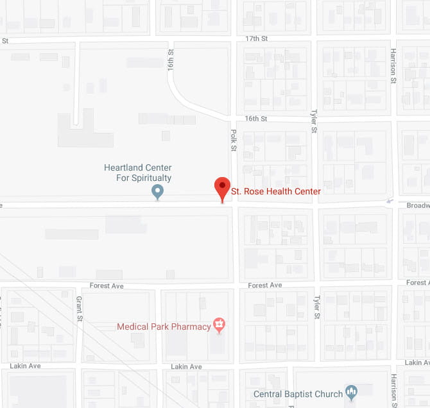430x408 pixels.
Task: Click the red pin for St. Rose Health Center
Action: click(222, 188)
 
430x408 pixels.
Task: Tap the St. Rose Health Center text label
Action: click(275, 191)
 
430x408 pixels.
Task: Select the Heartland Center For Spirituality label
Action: click(138, 173)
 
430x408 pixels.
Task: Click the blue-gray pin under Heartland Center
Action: click(157, 191)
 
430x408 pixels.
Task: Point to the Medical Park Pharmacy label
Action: click(164, 327)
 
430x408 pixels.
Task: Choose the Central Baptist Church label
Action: click(298, 394)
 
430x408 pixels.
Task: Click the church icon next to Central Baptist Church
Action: click(350, 391)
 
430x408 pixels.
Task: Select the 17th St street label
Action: click(256, 38)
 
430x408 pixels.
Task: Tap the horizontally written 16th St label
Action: click(256, 119)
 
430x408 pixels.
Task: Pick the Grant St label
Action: click(80, 309)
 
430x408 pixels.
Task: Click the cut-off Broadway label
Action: click(418, 205)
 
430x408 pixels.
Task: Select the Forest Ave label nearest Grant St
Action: click(107, 286)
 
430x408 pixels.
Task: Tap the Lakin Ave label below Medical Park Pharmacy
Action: click(186, 367)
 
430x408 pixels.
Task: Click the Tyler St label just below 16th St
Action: click(314, 121)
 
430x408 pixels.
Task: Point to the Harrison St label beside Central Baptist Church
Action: click(393, 388)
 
